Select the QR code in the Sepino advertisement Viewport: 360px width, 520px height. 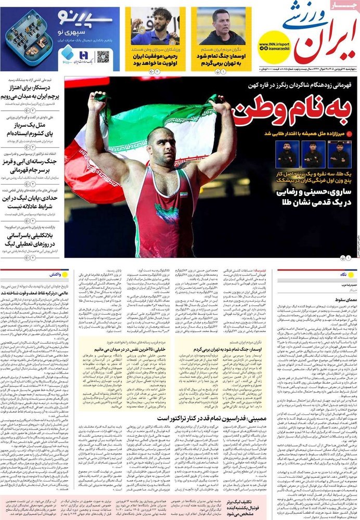coord(102,56)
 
